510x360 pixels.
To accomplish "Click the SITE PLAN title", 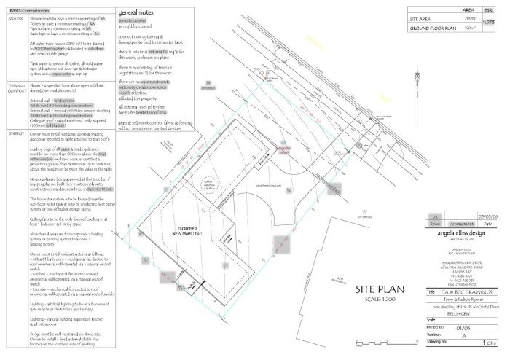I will coord(380,289).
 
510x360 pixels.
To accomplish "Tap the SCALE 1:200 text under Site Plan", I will coord(379,300).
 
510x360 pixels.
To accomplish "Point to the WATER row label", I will coord(16,20).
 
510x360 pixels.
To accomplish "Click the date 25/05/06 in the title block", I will coord(488,216).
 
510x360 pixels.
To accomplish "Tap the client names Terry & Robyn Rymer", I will coord(466,299).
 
